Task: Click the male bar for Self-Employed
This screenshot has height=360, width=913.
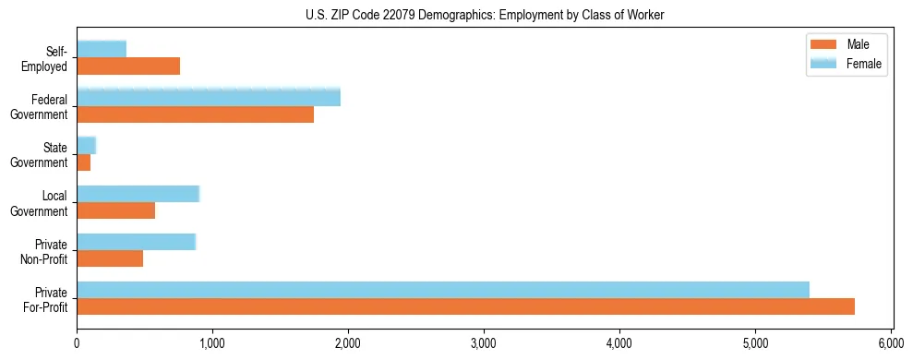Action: click(128, 66)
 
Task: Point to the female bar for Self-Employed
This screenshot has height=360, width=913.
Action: click(102, 49)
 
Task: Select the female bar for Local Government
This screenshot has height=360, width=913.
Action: click(138, 193)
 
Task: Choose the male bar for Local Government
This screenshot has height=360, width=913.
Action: click(115, 210)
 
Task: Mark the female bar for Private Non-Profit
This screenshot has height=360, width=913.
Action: click(136, 241)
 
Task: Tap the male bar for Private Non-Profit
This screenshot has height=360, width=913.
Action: click(110, 258)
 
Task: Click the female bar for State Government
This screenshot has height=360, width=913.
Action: click(86, 145)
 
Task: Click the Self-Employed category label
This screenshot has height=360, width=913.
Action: click(51, 58)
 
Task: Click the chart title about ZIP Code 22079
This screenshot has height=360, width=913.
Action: click(484, 15)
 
